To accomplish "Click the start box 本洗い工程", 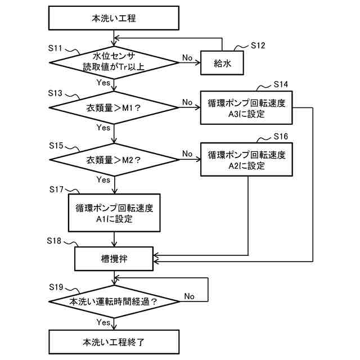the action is (114, 18).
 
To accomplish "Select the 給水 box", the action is (222, 62).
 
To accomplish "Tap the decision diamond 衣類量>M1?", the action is (114, 107).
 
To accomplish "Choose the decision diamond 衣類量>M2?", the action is (114, 160).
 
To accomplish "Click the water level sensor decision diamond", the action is (114, 62).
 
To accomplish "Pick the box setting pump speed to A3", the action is (246, 107).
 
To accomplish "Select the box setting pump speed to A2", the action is (246, 160).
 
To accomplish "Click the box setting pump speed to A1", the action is (114, 213).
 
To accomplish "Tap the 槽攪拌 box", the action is (114, 259).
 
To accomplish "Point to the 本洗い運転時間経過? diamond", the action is (114, 301).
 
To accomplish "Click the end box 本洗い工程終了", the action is (114, 342).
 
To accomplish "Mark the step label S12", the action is (258, 45).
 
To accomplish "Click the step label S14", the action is (281, 84).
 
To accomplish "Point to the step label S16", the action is (281, 136).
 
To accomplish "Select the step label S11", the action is (55, 48).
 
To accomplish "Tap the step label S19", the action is (56, 287).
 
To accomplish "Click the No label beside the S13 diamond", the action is (187, 102).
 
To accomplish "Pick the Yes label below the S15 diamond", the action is (103, 179).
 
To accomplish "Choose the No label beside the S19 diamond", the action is (189, 296).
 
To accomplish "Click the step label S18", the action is (54, 241).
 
